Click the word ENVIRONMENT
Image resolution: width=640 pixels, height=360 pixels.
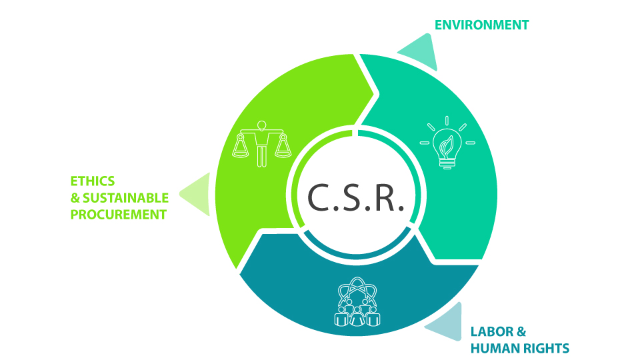[481, 25]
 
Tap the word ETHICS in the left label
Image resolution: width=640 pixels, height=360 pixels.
[93, 181]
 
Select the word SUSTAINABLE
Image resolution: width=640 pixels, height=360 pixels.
[126, 198]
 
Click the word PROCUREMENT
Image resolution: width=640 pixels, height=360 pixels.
[119, 215]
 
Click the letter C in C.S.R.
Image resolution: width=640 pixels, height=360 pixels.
[319, 197]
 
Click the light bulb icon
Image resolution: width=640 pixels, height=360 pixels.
[447, 143]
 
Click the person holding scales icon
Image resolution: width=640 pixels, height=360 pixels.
[261, 144]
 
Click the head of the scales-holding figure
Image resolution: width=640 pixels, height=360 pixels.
[261, 125]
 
